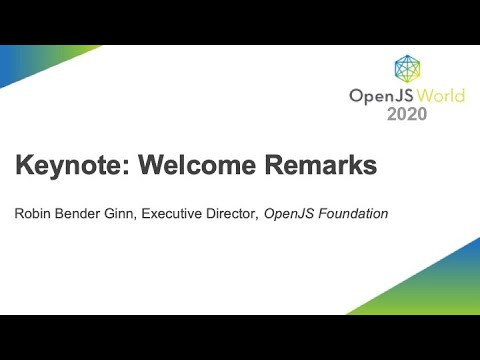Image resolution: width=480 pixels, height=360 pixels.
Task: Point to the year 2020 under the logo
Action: click(407, 114)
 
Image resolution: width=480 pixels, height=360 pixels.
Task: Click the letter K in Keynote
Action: click(23, 166)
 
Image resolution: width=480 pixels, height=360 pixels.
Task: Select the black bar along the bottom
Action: click(240, 337)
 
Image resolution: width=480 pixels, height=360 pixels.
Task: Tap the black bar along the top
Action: click(240, 22)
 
